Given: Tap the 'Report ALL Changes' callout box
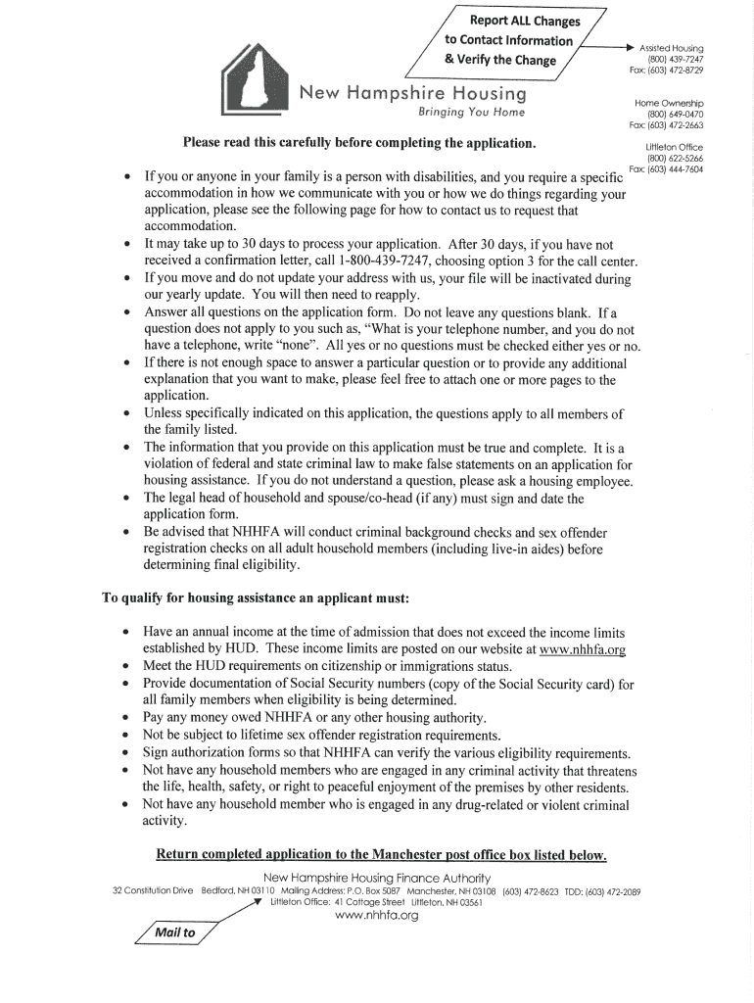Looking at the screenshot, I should coord(513,40).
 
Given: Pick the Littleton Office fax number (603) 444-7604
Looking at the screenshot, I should coord(676,169).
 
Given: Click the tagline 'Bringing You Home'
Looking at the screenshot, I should coord(471,113).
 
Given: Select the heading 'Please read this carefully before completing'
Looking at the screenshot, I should coord(359,144).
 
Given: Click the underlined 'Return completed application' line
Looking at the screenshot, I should coord(382,855).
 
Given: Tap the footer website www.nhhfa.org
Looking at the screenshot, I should coord(377,915).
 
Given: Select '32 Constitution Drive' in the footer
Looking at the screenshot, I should coord(153,891).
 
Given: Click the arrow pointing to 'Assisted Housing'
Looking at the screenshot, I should coord(611,46).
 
